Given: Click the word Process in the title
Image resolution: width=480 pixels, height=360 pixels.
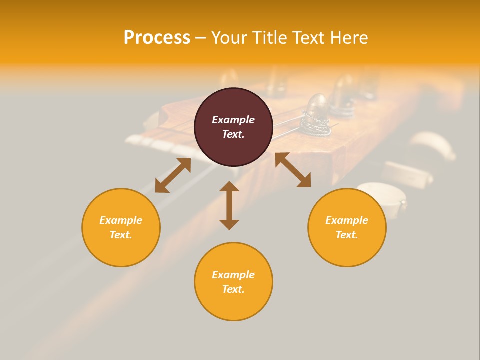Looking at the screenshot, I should coord(157,38).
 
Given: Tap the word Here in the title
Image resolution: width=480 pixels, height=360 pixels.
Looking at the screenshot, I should coord(348,38).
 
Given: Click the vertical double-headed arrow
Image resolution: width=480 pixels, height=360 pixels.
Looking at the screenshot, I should coord(229,205).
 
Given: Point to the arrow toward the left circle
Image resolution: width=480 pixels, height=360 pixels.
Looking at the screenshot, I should coord(173,175).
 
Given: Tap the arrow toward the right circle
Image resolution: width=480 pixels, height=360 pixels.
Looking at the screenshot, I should coord(293,170).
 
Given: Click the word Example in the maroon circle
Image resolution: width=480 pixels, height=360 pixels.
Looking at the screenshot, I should coord(233,120).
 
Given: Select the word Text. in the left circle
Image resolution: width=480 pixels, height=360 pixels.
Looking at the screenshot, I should coord(121,235).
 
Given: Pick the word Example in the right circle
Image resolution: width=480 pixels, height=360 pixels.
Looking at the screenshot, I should coord(347,220).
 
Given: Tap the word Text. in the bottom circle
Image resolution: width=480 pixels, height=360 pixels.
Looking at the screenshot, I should coord(233,289).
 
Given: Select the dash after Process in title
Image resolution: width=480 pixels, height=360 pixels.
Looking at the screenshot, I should coord(200,38).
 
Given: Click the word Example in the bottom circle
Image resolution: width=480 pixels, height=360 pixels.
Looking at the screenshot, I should coord(233,275).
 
